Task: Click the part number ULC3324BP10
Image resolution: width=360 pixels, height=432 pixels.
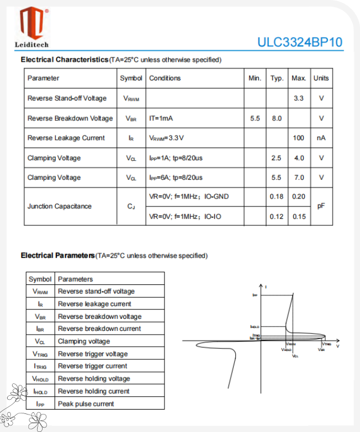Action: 300,43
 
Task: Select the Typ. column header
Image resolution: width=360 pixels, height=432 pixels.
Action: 277,78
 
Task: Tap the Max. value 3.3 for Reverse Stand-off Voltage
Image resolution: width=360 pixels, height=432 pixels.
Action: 298,98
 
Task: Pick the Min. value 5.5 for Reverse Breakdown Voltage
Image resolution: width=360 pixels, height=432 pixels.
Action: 255,118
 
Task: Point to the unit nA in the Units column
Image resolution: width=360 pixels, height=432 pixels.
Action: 321,138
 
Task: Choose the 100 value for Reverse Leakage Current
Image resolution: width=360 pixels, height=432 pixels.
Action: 298,138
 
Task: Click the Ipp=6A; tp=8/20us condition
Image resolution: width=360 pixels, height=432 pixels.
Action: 175,178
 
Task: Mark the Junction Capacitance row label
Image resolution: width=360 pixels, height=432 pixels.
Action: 60,206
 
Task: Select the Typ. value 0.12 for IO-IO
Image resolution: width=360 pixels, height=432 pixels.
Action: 276,217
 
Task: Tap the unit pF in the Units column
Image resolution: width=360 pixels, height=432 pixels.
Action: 321,206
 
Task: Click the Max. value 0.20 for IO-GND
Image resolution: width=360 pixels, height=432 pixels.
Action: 298,196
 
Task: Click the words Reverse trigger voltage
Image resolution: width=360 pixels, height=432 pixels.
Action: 93,354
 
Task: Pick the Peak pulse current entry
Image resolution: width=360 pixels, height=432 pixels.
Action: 86,404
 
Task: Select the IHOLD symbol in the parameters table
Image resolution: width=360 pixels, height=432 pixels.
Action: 40,392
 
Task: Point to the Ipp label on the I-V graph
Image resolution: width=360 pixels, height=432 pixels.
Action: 255,295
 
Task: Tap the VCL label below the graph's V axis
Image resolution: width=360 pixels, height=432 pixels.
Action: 295,356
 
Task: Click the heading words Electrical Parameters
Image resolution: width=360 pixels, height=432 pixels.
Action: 57,255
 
